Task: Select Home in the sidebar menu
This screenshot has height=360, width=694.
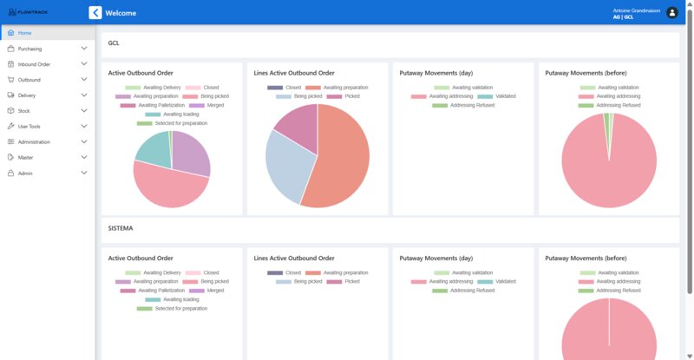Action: click(x=24, y=33)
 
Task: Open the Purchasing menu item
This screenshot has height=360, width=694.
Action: click(x=29, y=49)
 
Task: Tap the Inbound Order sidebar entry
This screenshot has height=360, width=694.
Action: click(x=34, y=64)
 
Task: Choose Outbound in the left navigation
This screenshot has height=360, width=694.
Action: click(x=29, y=80)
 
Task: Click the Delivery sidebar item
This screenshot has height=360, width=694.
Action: click(x=27, y=95)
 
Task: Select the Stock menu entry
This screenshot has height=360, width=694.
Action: click(x=24, y=111)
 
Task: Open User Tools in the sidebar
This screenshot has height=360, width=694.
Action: click(x=29, y=127)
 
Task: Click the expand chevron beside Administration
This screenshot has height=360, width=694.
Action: click(x=84, y=142)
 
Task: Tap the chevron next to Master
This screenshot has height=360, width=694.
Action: click(x=84, y=158)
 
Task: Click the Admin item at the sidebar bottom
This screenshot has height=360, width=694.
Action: click(x=24, y=173)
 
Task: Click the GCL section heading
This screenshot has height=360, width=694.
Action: click(x=114, y=43)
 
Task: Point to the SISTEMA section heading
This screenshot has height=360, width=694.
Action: click(x=121, y=228)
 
